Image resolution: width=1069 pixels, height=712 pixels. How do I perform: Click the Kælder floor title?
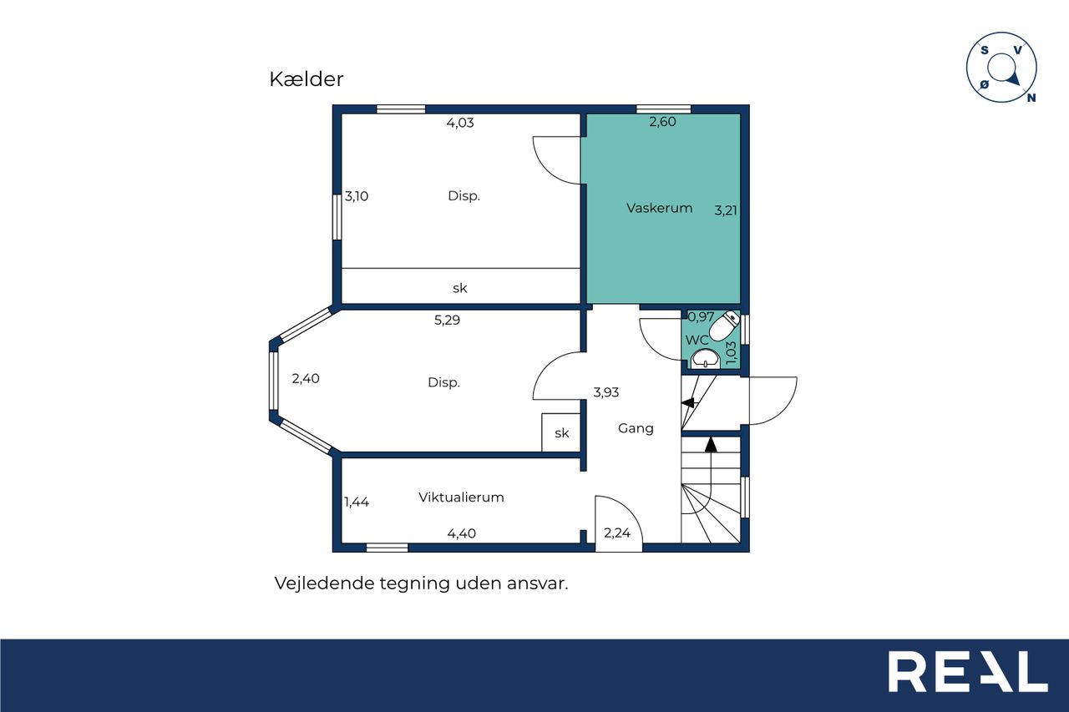point(306,79)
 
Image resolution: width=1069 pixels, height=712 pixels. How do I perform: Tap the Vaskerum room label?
point(659,208)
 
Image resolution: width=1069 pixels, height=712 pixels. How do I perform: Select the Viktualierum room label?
point(461,497)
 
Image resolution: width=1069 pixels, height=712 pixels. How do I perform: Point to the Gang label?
point(636,428)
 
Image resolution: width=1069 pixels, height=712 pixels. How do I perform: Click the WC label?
point(697,340)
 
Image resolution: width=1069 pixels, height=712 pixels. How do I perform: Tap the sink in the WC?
point(706,359)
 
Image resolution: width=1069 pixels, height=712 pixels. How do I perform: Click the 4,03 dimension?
point(460,123)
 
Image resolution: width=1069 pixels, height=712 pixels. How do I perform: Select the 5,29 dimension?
point(447,320)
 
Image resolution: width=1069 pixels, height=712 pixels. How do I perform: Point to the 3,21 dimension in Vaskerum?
point(726,210)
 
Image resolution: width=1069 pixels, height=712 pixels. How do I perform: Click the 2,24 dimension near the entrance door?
point(617,533)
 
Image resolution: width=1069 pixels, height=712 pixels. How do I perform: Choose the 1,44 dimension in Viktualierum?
point(357,502)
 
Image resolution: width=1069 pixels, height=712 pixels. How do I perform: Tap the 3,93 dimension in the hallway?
point(606,392)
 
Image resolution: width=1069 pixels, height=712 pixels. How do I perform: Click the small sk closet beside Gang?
point(560,432)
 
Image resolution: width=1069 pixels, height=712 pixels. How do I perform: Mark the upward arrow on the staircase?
point(711,444)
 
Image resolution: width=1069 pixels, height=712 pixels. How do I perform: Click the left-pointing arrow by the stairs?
point(687,402)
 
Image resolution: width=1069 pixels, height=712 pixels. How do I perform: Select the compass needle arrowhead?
point(1013,78)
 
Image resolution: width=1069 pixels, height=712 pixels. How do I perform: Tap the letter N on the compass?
point(1031,98)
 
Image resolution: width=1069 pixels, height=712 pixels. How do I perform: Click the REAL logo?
point(968,671)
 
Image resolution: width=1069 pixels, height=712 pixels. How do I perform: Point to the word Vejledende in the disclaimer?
point(325,583)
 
